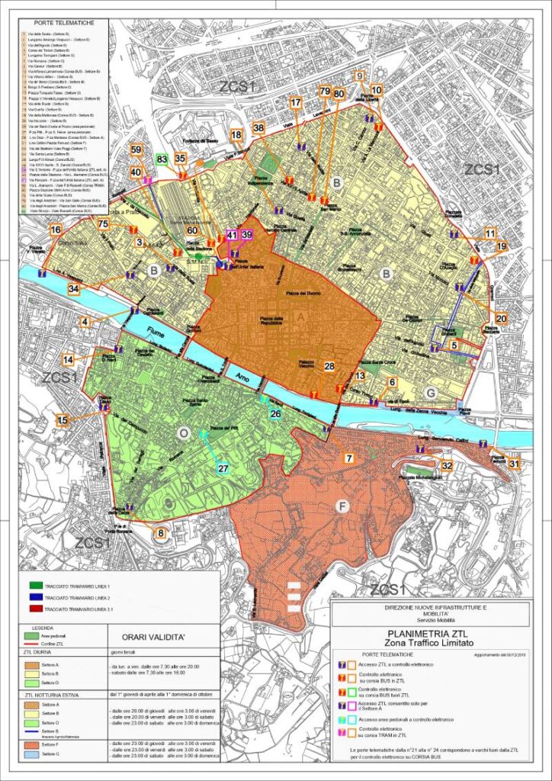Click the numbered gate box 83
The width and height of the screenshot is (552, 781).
coord(162,159)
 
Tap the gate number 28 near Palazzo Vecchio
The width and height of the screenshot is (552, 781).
coord(329,367)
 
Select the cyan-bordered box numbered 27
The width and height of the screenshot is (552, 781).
coord(223,468)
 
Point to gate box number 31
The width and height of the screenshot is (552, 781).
coord(514,464)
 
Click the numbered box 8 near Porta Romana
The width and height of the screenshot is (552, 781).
coord(160,534)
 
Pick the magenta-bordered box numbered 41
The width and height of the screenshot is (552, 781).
coord(233,236)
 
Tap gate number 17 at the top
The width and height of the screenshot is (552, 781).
coord(296,103)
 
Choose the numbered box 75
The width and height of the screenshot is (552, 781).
coord(103,223)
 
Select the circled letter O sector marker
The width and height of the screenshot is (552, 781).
coord(182,433)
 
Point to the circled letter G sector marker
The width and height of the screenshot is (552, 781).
coord(431,392)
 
